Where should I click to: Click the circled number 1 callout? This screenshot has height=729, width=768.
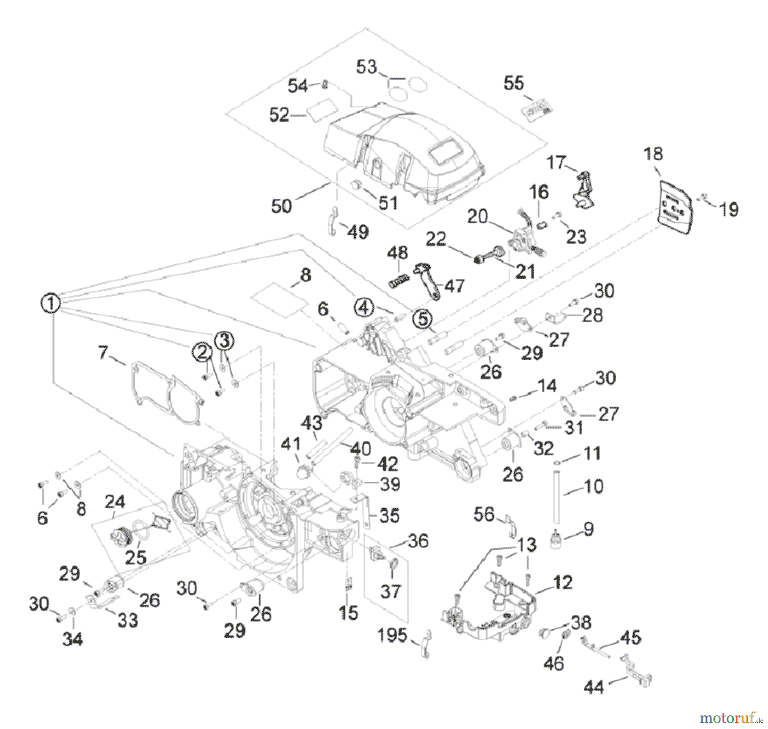point(50,303)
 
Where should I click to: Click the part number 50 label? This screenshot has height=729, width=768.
point(282,206)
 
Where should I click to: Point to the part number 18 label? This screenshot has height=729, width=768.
point(653,154)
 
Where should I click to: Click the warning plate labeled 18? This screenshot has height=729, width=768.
point(675,207)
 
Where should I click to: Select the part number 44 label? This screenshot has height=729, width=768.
point(594,687)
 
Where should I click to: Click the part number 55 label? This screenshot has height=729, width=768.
point(514,83)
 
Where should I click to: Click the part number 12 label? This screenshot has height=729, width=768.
point(562,582)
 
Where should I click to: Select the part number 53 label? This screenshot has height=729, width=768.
point(367,67)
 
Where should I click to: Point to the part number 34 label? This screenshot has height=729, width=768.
point(73,639)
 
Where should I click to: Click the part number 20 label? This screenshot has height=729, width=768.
point(477,217)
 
